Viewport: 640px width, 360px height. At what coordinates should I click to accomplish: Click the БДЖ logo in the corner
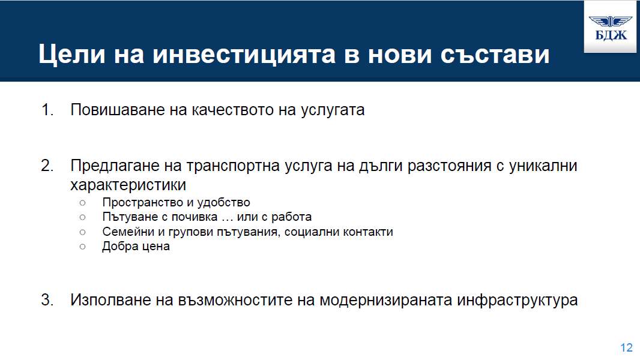pos(611,28)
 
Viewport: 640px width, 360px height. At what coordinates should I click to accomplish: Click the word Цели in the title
pos(72,54)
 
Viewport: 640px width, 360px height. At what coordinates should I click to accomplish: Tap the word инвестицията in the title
pos(244,54)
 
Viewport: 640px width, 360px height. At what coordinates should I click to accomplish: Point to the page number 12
pos(627,348)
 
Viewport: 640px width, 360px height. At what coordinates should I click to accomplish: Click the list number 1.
pos(47,110)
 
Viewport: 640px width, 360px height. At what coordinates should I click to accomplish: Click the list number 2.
pos(47,166)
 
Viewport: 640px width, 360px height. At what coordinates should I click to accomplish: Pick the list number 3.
pos(47,300)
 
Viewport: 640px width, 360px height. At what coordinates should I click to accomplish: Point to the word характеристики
pos(128,185)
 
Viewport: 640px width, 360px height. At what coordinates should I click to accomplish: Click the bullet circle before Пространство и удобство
pos(82,203)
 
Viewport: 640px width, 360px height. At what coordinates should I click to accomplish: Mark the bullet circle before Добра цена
pos(82,247)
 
